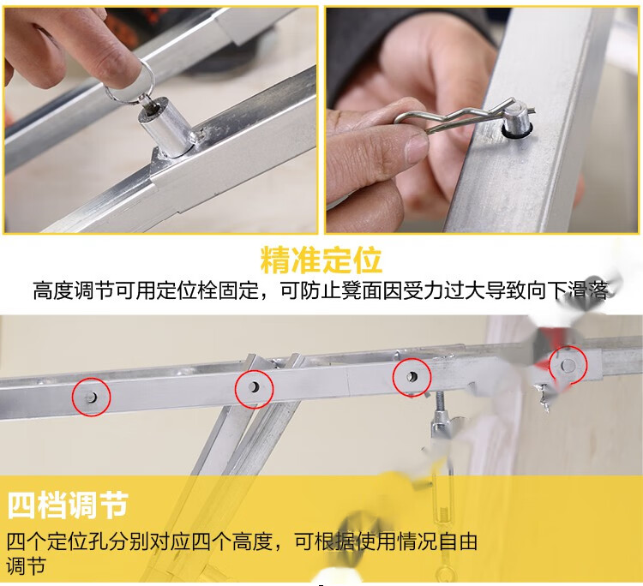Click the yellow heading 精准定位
(x=321, y=260)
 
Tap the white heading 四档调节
(x=68, y=505)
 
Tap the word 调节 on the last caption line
(x=27, y=566)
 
